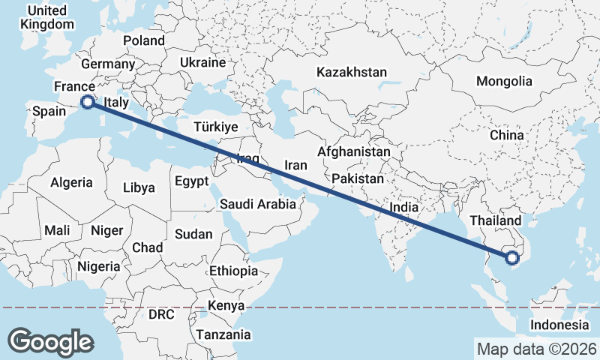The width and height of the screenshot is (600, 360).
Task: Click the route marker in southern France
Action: [87, 102]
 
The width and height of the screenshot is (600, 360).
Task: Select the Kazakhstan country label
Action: [351, 73]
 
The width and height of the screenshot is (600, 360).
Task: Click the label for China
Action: [506, 136]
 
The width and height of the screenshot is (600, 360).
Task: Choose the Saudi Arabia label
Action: [257, 204]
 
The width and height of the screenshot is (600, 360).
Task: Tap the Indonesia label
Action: [559, 325]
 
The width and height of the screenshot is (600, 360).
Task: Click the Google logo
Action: [50, 342]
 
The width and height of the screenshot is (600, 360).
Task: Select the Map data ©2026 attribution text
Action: [536, 349]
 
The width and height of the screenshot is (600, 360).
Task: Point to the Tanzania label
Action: [223, 334]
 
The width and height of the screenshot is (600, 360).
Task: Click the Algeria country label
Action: [71, 182]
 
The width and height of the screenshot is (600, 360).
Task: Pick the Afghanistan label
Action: [353, 151]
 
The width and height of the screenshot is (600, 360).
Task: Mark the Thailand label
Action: [494, 220]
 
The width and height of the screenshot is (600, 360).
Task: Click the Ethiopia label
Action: [233, 271]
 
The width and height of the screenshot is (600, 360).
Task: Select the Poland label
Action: [143, 40]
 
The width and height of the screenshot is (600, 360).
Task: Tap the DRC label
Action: [160, 314]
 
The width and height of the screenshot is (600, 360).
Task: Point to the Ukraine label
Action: [202, 62]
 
